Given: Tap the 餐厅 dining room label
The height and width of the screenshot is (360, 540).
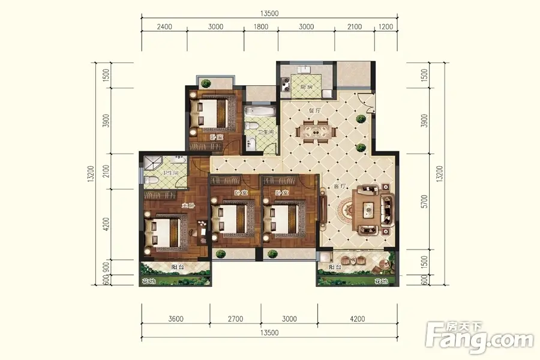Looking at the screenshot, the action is pos(314,110).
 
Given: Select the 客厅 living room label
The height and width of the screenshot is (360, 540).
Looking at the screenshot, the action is pos(340,187).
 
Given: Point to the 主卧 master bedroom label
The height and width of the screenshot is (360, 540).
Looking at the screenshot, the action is pos(188,206).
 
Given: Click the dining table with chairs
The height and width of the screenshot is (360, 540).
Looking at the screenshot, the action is pos(316,131).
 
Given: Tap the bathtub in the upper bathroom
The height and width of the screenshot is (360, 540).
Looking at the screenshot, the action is pos(260,112).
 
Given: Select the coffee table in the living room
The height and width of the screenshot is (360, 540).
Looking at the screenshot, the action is pos(368,209).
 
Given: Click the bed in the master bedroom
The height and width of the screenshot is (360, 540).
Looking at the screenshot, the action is pos(166,233).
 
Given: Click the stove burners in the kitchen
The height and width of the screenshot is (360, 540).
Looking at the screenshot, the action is pos(286,84).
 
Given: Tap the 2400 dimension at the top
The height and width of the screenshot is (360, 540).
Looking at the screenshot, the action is pos(164,27).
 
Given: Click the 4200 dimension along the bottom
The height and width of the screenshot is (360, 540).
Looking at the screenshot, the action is pos(357,319).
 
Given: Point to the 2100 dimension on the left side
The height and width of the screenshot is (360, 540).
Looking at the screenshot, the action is pos(106,171).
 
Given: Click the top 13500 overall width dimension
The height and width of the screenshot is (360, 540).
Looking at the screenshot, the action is pos(269,13).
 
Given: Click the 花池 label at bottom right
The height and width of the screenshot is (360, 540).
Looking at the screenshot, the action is pos(380,282).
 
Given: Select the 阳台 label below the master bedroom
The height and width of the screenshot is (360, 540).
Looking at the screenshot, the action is pos(178,267).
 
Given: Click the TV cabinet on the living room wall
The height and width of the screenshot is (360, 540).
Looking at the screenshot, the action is pos(323,209).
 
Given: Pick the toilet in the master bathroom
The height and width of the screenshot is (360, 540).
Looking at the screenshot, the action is pos(151,180).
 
